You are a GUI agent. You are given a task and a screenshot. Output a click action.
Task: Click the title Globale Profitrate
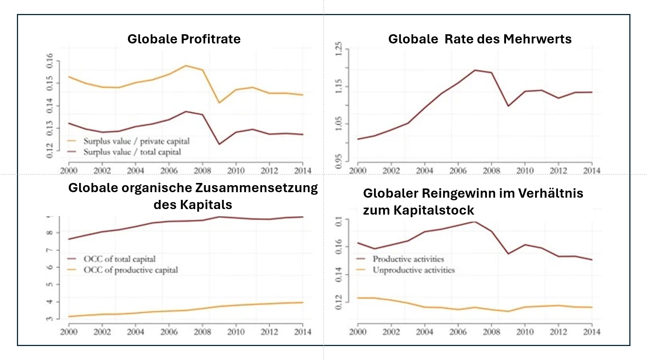coord(184,39)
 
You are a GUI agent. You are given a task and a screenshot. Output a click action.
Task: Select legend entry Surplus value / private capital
coord(136,141)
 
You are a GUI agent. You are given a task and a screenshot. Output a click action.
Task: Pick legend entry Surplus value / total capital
coord(132,152)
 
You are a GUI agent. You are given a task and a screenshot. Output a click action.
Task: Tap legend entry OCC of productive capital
coord(130,270)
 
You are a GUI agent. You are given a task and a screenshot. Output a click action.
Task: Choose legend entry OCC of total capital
coord(119,259)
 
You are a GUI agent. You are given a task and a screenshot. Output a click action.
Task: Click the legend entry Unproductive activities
coord(413,270)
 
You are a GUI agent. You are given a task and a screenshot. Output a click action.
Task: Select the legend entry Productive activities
coord(408,259)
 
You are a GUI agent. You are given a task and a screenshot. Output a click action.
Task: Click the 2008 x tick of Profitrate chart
coord(202,170)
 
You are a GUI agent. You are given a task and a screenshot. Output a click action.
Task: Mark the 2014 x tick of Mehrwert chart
coord(591,170)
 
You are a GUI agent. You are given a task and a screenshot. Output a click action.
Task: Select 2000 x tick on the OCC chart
coord(69,332)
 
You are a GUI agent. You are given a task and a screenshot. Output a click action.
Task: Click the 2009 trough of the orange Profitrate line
coord(219,103)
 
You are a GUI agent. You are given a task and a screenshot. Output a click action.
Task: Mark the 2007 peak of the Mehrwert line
coord(475,70)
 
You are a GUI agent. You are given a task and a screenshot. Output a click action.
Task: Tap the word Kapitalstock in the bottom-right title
coord(434,210)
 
